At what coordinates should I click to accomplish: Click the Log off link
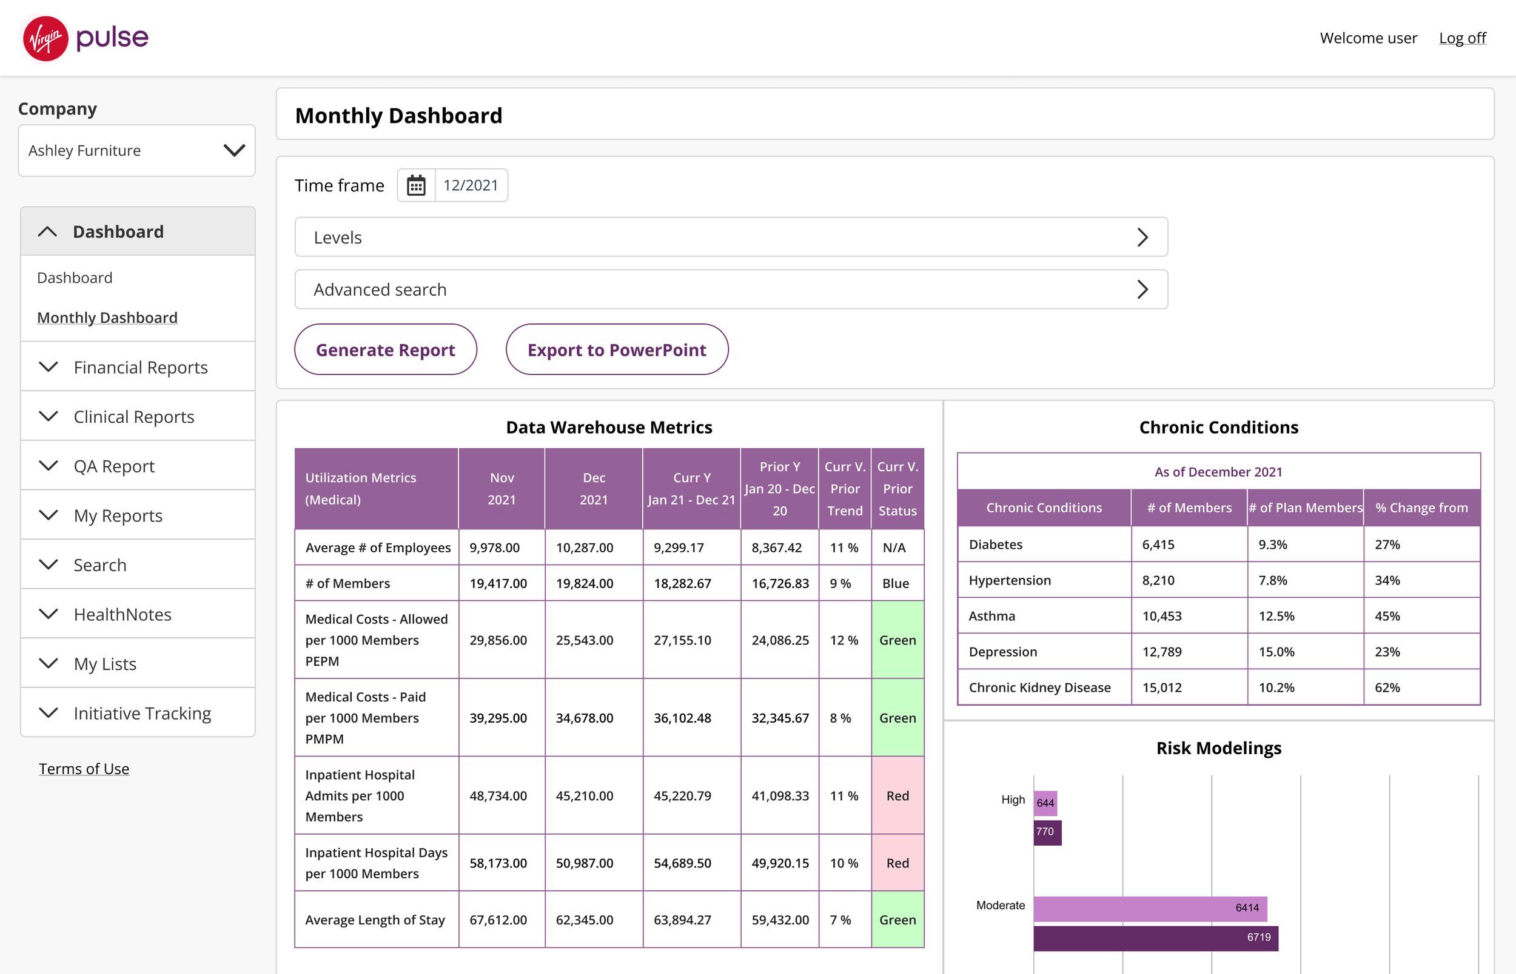[1462, 38]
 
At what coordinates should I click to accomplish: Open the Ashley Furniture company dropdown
[136, 151]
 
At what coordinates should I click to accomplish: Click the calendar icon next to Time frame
[416, 185]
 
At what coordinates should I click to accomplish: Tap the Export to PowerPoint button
[617, 350]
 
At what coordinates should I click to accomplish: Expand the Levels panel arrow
[1142, 237]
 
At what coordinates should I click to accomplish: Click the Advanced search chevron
[1142, 290]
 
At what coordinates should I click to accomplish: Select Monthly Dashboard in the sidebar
[107, 317]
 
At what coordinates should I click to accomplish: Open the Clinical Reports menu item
[133, 417]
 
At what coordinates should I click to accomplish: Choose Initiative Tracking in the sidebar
[143, 714]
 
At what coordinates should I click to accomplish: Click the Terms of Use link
[84, 769]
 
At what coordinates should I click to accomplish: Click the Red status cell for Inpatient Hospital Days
[897, 863]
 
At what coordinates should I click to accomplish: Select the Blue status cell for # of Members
[896, 583]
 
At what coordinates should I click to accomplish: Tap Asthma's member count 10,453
[1161, 616]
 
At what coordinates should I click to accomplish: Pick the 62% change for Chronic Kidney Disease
[1387, 687]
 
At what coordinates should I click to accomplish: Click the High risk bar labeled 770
[1048, 832]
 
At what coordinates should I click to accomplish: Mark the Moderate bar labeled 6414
[1150, 908]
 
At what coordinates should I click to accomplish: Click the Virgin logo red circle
[45, 39]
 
